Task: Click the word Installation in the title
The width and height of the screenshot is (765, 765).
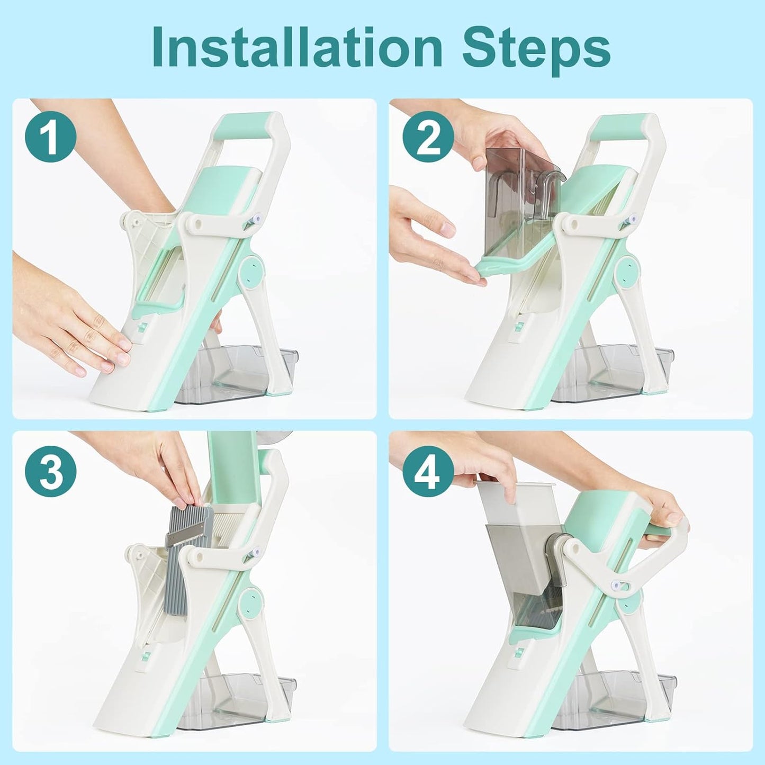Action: click(x=296, y=48)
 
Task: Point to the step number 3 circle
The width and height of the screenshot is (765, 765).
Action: click(x=51, y=471)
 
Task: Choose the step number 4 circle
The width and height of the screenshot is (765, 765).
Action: click(x=428, y=471)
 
